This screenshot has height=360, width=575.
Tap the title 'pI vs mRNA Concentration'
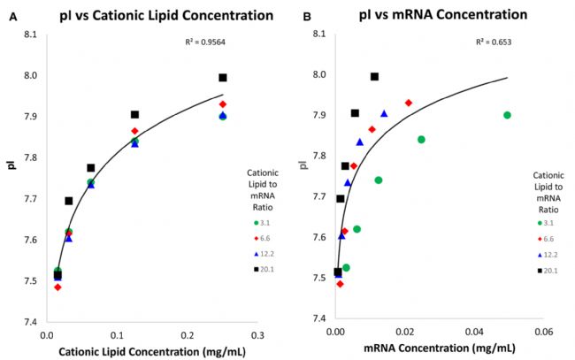(425, 14)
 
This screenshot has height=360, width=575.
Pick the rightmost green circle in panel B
(507, 115)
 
